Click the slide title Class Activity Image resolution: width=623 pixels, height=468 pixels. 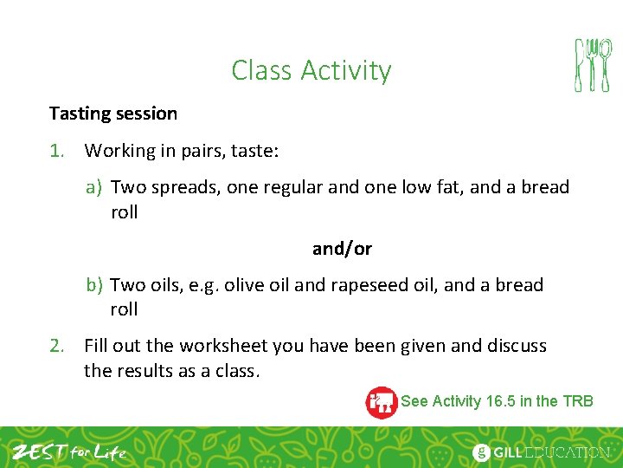311,70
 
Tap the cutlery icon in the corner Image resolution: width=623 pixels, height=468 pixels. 593,65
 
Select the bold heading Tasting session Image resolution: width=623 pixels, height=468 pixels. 112,114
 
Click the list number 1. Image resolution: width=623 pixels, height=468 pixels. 56,151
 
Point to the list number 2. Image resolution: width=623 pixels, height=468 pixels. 56,346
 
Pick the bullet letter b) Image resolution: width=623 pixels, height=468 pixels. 94,285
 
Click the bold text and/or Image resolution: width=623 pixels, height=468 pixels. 342,249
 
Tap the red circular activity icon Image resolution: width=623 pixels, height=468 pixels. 381,402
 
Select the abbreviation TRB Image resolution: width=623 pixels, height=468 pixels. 577,400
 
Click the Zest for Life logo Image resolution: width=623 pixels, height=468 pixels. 68,452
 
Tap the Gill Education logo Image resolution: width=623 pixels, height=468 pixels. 542,452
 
